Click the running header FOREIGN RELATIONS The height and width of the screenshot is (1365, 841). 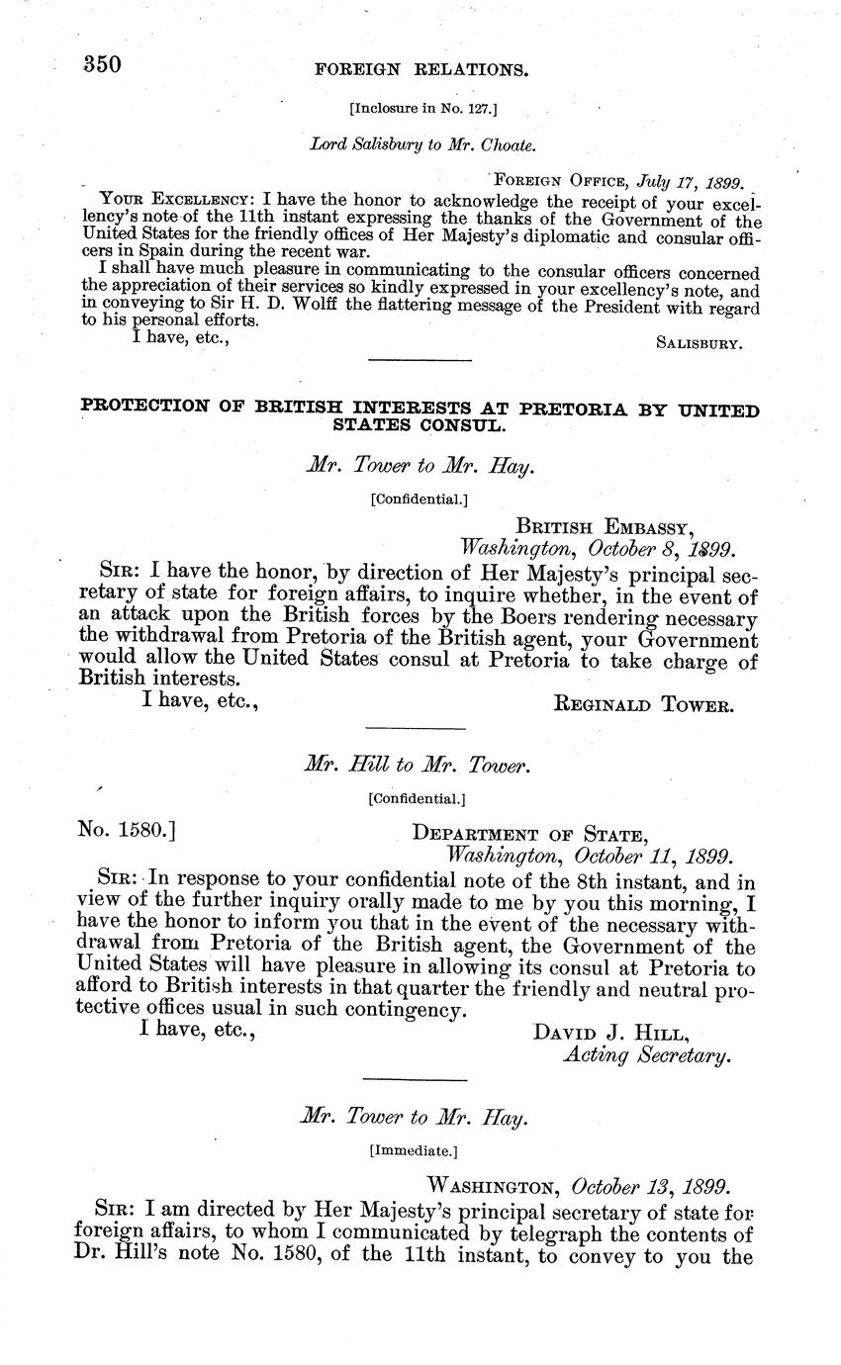coord(420,70)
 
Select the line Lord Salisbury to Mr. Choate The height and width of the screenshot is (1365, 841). coord(422,144)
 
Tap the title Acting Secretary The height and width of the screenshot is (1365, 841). coord(647,1055)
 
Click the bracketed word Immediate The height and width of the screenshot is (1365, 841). coord(413,1150)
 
